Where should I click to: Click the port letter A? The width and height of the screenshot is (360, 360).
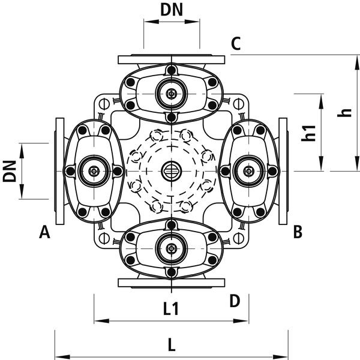(44, 232)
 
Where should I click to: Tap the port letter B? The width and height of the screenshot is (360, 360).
(298, 232)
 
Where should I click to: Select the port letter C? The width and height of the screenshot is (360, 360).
(236, 43)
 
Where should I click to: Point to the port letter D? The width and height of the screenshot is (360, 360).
(235, 301)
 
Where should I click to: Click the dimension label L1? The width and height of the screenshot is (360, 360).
(171, 309)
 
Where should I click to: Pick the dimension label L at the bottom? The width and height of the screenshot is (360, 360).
(172, 344)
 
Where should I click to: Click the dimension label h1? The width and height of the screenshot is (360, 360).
(308, 133)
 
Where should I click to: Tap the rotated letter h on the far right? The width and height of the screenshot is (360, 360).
(344, 113)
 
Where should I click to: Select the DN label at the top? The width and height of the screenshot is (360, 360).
(172, 10)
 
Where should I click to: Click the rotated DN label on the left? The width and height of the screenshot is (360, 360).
(10, 171)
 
